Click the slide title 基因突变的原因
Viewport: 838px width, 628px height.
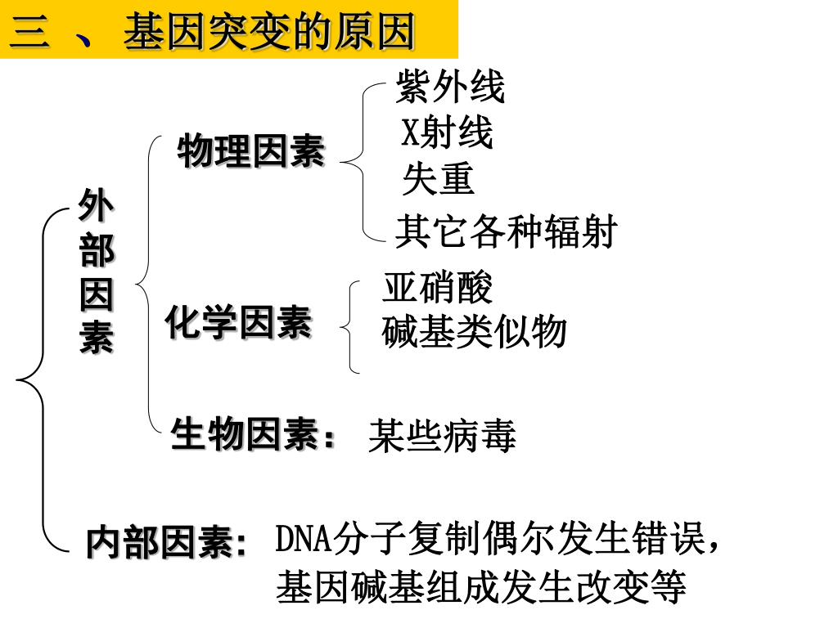coord(269,34)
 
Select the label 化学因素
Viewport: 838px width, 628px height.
coord(238,322)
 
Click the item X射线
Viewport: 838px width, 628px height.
coord(447,133)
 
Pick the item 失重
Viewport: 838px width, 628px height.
coord(438,180)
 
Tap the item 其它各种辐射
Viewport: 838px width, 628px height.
coord(504,232)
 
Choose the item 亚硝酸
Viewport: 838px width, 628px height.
coord(437,288)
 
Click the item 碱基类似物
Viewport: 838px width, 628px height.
coord(474,332)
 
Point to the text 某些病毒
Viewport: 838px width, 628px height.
coord(442,436)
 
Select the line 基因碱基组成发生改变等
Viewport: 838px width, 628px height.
coord(480,586)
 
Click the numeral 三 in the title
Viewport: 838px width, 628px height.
coord(29,34)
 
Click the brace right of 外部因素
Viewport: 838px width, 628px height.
coord(148,286)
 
